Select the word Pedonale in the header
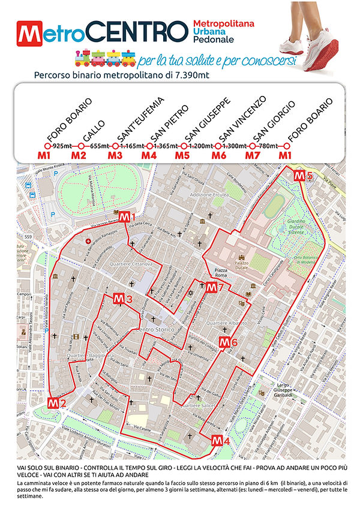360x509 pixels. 212,39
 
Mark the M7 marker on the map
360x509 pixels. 214,288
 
